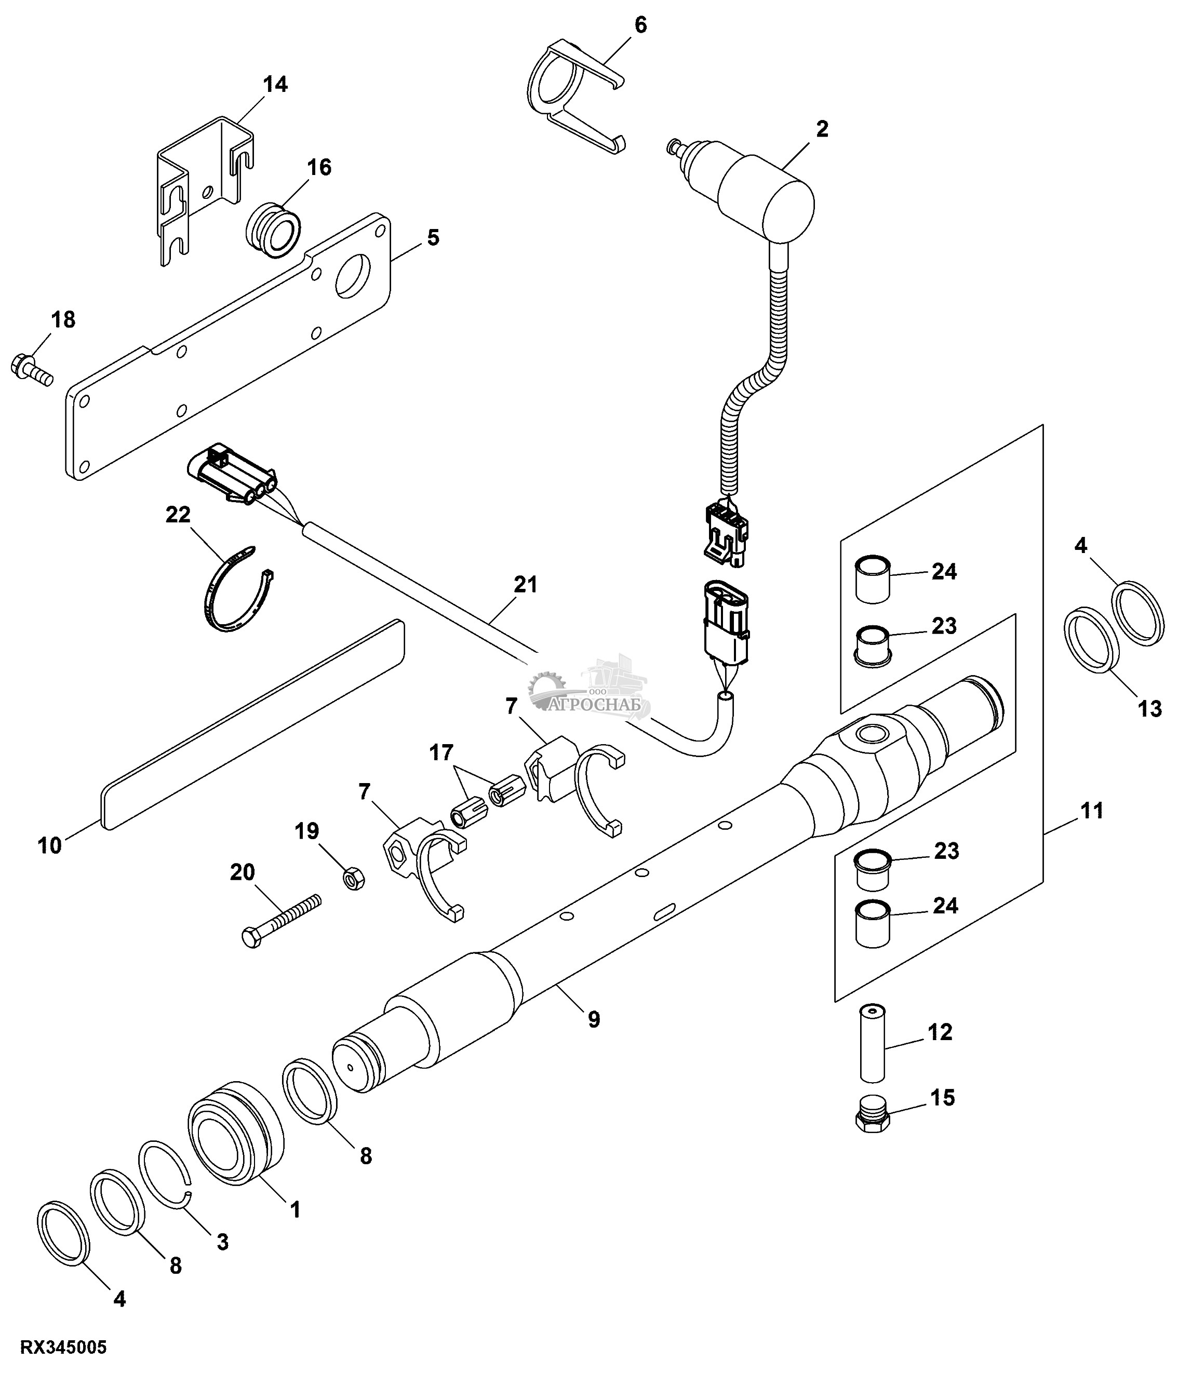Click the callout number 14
[x=275, y=85]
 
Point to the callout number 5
[x=433, y=237]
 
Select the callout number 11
[x=1092, y=811]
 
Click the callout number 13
[x=1149, y=709]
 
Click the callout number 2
[x=822, y=129]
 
